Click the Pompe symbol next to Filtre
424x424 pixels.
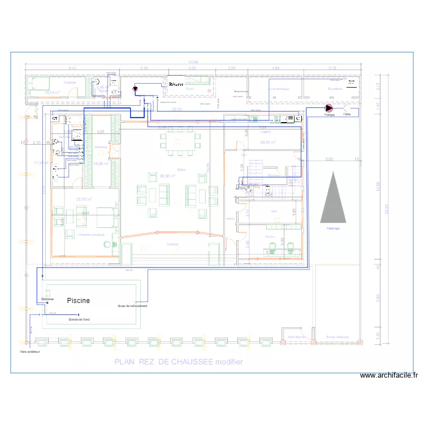(329, 107)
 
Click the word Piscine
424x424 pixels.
(79, 301)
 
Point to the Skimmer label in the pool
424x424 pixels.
(47, 299)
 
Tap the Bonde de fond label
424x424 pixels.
(79, 319)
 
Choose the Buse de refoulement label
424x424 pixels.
(132, 306)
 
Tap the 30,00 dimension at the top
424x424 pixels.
(193, 62)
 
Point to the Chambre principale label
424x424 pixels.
(92, 235)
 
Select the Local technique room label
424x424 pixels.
(278, 89)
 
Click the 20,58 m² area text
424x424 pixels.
(267, 142)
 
